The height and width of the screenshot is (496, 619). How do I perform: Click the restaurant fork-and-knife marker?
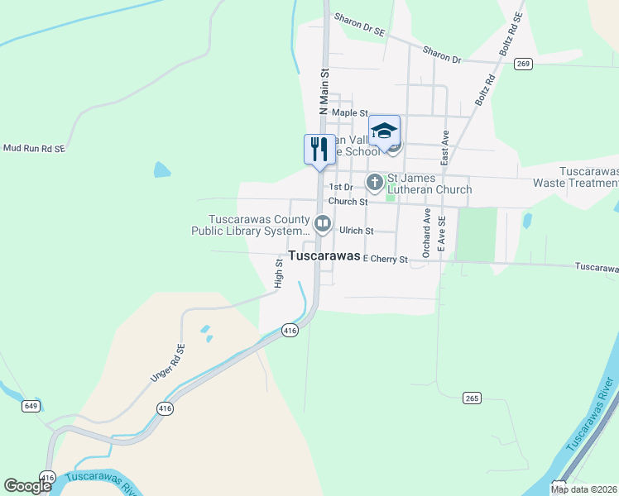(319, 150)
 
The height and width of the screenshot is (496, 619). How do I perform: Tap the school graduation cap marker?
(384, 131)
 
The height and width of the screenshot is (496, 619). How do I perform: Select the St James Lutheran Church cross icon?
(375, 181)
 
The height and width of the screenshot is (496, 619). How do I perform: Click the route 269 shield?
(522, 64)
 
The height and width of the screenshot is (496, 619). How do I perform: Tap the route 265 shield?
(472, 398)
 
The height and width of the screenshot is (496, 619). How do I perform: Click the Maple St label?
(349, 112)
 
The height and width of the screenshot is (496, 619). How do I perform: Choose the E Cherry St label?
(386, 260)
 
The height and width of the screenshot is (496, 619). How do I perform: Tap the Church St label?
(348, 202)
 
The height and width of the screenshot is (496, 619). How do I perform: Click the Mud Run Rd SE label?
(34, 148)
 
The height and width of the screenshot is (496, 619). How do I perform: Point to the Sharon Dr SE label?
(360, 24)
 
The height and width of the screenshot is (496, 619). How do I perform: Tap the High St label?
(279, 274)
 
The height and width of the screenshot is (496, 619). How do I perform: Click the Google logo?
(28, 487)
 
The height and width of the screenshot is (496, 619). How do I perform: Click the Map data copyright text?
(583, 489)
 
